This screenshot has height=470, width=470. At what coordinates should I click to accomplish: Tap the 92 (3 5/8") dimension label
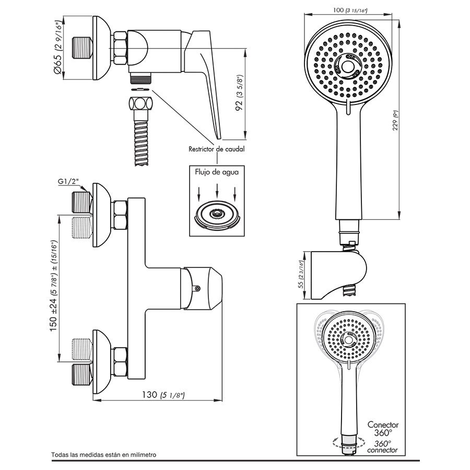pyautogui.click(x=240, y=93)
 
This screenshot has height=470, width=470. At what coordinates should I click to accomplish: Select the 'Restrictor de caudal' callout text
pyautogui.click(x=216, y=149)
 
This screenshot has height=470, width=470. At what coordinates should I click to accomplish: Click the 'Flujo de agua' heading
pyautogui.click(x=217, y=172)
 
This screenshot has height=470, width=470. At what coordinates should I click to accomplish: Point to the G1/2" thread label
pyautogui.click(x=68, y=181)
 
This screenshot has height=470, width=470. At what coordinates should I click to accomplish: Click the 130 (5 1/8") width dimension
pyautogui.click(x=163, y=395)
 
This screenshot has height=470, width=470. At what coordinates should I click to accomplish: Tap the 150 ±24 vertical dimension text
pyautogui.click(x=53, y=285)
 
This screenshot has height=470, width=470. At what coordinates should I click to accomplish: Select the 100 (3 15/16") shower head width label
pyautogui.click(x=350, y=10)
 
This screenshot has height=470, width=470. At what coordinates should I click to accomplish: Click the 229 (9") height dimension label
pyautogui.click(x=396, y=121)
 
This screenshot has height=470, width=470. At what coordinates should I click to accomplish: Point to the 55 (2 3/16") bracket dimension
pyautogui.click(x=301, y=275)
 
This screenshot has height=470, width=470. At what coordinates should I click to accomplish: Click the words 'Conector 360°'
pyautogui.click(x=383, y=429)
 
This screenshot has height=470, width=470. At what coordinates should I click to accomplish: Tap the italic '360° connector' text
pyautogui.click(x=382, y=446)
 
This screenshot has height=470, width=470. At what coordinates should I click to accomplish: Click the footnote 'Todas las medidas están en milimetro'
pyautogui.click(x=104, y=455)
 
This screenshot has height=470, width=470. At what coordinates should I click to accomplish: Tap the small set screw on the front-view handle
pyautogui.click(x=197, y=288)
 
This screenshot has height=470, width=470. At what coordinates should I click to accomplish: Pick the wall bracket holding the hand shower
pyautogui.click(x=338, y=275)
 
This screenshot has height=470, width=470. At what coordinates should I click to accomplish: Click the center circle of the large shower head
pyautogui.click(x=347, y=66)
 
